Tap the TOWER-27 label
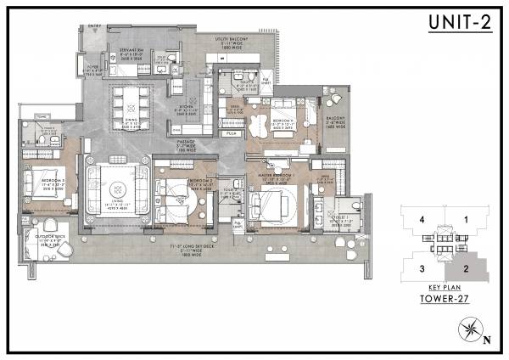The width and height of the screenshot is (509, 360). [x=445, y=299]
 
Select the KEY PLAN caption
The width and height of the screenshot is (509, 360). [x=445, y=289]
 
